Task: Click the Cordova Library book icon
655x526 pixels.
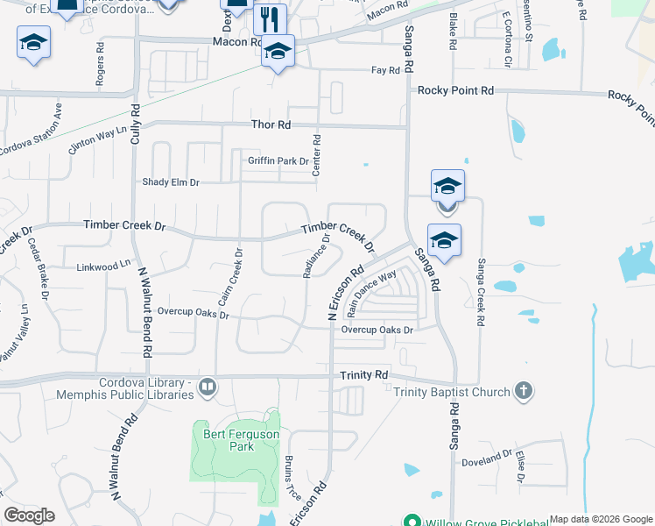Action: pos(208,386)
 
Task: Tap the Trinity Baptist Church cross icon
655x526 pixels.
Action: pos(523,391)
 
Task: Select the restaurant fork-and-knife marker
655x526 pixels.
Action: pos(271,18)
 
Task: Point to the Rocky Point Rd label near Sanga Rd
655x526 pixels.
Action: pos(455,90)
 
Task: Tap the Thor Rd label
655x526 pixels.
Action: pos(271,125)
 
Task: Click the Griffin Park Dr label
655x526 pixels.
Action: pos(278,160)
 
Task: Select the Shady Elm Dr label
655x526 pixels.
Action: pos(172,182)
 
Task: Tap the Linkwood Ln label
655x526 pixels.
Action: pos(102,266)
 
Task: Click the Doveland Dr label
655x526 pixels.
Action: pos(489,456)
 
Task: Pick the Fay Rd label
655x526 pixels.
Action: pos(385,70)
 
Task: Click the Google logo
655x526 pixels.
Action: pos(30,515)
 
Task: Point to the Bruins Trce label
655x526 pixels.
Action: pos(292,480)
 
